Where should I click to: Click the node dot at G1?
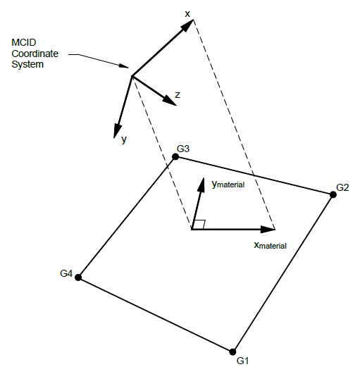click(x=232, y=351)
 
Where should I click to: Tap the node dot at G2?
click(x=333, y=194)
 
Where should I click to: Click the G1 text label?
click(x=244, y=361)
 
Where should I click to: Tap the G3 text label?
click(x=184, y=149)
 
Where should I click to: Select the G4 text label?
click(x=67, y=273)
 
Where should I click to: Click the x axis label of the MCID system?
click(x=188, y=13)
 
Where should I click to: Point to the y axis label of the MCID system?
click(x=124, y=139)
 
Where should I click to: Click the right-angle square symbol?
click(x=199, y=224)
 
